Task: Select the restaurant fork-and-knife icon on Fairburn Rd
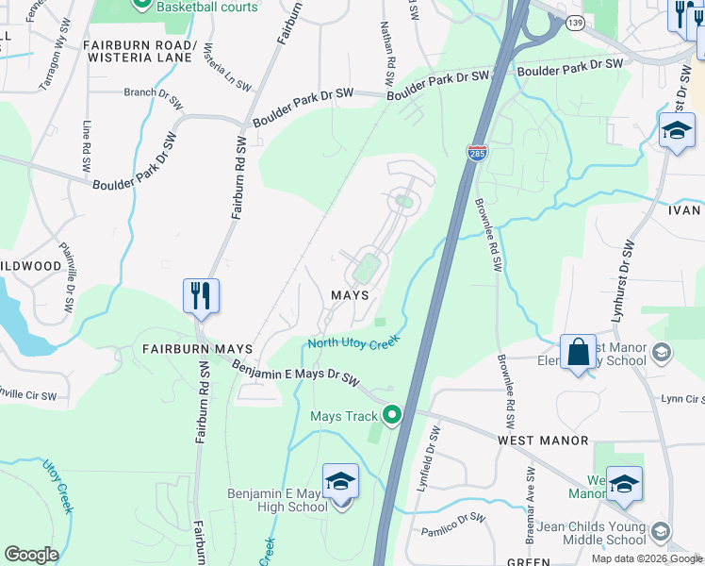click(202, 296)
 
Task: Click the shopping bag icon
click(577, 353)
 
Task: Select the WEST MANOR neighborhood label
click(543, 441)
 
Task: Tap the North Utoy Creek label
click(354, 342)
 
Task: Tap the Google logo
click(32, 555)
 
